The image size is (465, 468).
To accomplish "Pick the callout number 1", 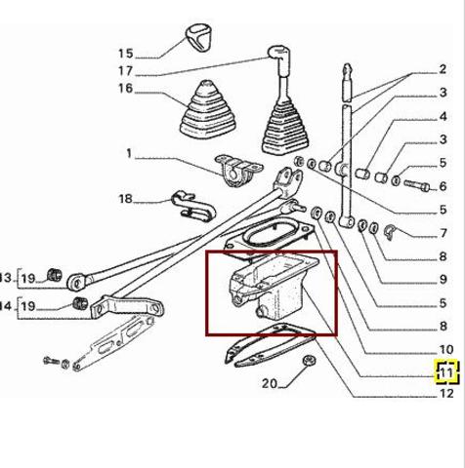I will coord(128,153).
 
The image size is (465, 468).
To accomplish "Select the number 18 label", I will coord(125,200).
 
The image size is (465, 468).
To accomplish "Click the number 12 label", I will coord(446,394).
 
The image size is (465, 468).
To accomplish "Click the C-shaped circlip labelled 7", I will coord(388,231).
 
